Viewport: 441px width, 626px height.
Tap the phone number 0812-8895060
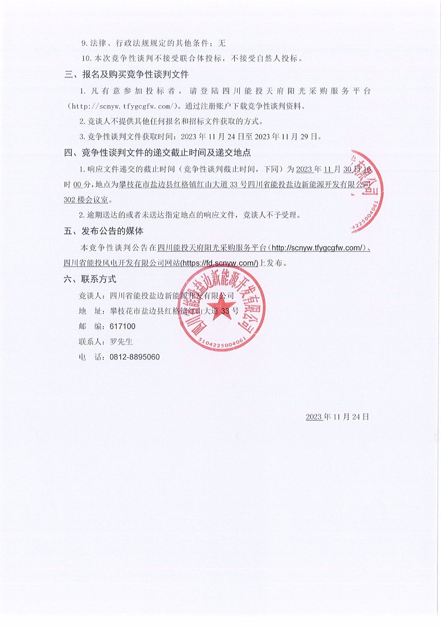134,357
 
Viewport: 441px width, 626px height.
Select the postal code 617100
123,326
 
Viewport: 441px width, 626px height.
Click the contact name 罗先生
121,342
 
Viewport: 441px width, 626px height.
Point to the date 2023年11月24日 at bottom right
337,417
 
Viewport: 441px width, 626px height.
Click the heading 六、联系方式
90,279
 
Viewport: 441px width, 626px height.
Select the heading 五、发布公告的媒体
104,231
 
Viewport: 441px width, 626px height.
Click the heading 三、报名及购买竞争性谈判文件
127,74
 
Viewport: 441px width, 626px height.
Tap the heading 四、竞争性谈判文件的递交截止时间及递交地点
157,153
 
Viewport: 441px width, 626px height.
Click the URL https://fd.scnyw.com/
220,263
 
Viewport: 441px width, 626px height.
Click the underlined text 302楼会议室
86,200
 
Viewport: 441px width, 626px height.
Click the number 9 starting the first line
83,43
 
